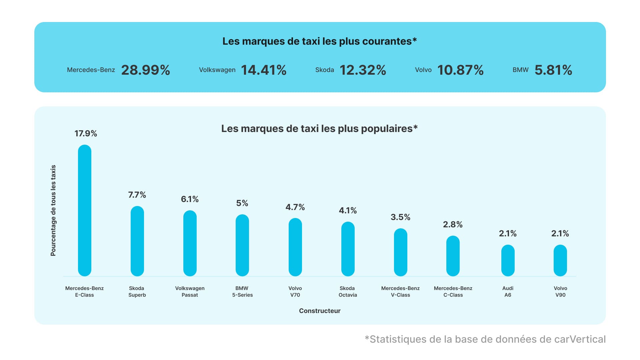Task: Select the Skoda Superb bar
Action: [x=137, y=241]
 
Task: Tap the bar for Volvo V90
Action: [x=560, y=261]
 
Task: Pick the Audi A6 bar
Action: [x=508, y=261]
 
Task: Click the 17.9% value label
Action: [x=86, y=134]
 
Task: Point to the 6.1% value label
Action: [x=190, y=199]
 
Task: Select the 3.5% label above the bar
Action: [x=400, y=217]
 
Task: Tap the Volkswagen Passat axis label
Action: [x=190, y=292]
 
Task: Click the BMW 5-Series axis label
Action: [x=242, y=292]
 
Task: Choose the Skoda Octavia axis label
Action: [x=348, y=292]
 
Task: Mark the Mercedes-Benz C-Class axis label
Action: [x=453, y=292]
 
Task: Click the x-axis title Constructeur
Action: [x=320, y=311]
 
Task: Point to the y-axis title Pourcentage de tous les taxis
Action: [x=53, y=211]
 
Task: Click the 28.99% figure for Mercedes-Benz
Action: [x=146, y=70]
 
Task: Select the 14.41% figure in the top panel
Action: [x=264, y=70]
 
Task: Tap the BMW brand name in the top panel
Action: [x=520, y=70]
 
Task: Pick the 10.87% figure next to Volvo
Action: [x=460, y=70]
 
